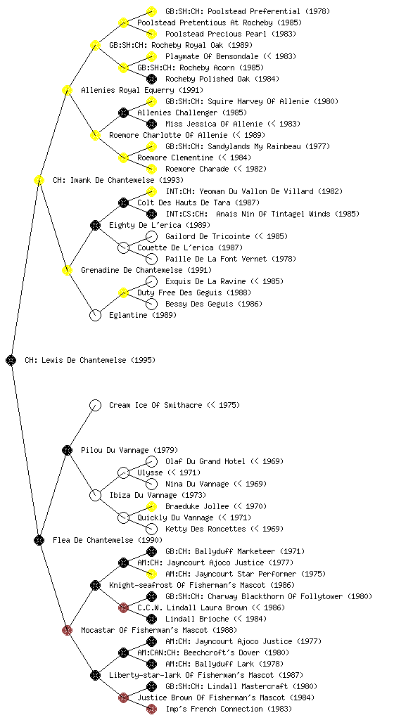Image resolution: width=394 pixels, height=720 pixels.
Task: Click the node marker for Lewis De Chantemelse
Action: point(11,360)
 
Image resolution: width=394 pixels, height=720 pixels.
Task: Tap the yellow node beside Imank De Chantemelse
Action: point(39,180)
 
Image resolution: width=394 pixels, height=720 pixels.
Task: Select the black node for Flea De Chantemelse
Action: point(39,540)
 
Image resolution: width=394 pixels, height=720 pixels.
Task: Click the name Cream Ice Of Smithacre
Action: point(155,405)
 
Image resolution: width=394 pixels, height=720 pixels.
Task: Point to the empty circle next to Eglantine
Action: point(95,315)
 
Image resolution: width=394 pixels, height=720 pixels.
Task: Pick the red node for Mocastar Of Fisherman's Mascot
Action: point(67,630)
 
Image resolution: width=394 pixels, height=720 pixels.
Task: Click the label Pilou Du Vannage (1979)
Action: point(129,450)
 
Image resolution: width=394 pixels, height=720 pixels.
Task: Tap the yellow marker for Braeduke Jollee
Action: point(151,506)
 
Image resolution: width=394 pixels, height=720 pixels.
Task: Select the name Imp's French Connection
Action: point(215,709)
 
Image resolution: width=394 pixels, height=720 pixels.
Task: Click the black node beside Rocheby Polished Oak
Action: point(151,79)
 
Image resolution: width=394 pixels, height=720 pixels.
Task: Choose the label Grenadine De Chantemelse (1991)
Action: point(146,270)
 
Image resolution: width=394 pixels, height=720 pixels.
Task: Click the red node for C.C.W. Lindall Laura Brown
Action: point(123,607)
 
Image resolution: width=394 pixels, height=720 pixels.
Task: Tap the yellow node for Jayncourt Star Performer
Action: point(151,574)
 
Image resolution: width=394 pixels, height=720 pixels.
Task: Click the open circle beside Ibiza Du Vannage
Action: point(95,495)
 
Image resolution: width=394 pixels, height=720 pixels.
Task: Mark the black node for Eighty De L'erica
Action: point(95,225)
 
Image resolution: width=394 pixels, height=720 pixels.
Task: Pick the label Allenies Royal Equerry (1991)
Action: point(142,90)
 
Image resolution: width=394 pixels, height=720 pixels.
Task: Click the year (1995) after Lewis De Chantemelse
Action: point(144,360)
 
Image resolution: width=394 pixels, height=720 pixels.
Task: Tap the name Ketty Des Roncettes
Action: point(205,529)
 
